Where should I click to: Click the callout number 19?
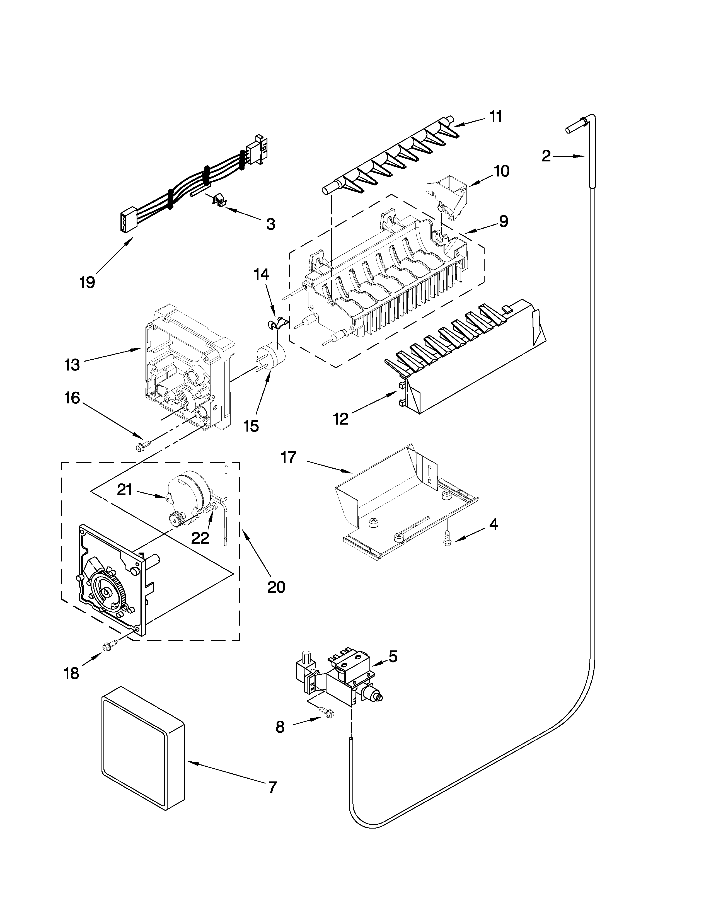87,282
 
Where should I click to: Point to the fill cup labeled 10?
448,190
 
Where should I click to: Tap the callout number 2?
546,157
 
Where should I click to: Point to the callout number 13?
72,365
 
